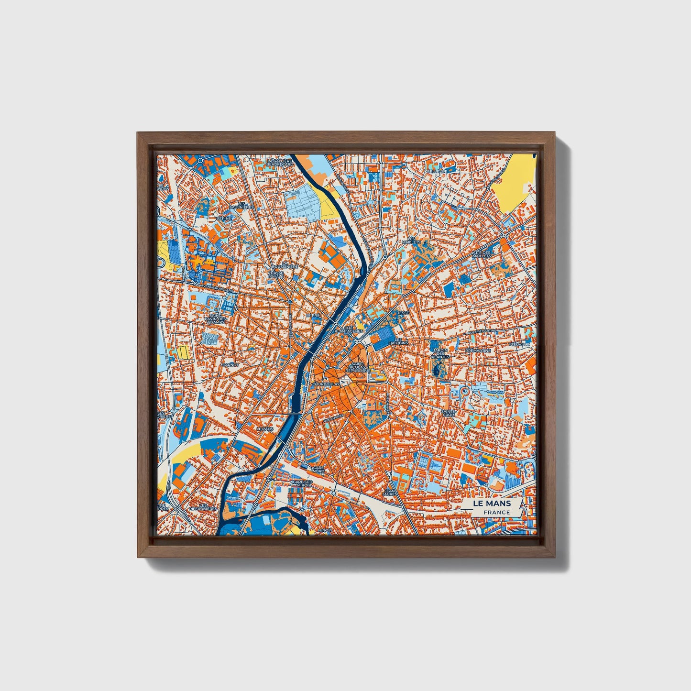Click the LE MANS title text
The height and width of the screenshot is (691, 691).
pyautogui.click(x=492, y=504)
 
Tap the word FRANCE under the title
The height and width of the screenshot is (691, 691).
pyautogui.click(x=496, y=513)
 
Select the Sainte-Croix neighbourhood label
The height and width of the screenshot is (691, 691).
pyautogui.click(x=448, y=413)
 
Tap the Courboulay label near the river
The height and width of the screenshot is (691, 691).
pyautogui.click(x=325, y=384)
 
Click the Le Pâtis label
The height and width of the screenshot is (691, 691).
pyautogui.click(x=264, y=429)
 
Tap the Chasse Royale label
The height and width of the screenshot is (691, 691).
pyautogui.click(x=276, y=275)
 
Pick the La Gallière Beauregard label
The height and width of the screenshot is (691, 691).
pyautogui.click(x=279, y=163)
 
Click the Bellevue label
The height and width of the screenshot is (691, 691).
pyautogui.click(x=437, y=171)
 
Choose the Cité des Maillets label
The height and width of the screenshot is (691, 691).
pyautogui.click(x=482, y=254)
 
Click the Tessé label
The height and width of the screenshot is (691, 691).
pyautogui.click(x=403, y=312)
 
